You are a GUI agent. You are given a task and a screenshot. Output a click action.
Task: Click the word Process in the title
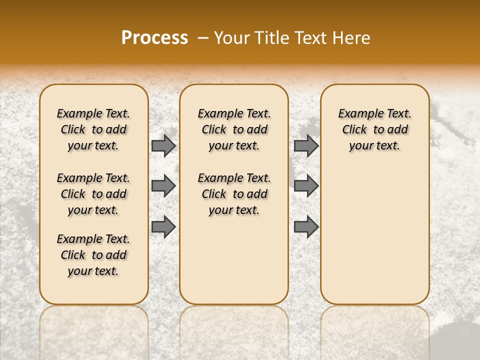(154, 38)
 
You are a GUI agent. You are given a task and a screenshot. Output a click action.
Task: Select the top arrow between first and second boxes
(163, 145)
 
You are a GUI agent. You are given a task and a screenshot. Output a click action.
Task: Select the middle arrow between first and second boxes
(163, 186)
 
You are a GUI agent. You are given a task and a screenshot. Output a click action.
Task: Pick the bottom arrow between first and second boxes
(163, 226)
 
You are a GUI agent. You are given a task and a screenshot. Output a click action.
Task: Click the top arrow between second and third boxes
(306, 145)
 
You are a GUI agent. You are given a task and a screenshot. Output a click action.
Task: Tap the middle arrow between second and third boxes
(306, 186)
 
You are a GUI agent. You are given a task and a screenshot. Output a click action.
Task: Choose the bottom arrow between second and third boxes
(306, 226)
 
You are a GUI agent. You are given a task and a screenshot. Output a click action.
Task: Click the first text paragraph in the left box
(93, 129)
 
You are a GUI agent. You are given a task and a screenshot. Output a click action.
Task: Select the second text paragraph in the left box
(93, 194)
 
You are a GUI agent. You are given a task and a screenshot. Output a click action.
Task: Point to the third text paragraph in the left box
(93, 255)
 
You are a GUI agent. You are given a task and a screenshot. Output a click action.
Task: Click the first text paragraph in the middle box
(234, 129)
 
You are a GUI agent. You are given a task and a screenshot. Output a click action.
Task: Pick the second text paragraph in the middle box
(234, 194)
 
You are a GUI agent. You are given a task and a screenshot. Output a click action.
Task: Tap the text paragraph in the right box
(374, 129)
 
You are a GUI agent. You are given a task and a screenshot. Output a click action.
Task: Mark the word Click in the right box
(354, 130)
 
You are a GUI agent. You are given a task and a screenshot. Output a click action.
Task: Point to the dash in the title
(203, 38)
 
